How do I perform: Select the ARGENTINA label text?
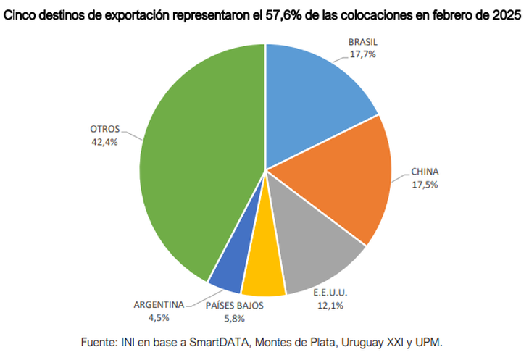[159, 304]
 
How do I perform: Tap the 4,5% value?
[159, 316]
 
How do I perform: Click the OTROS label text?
[104, 129]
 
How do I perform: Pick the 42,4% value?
[104, 141]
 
